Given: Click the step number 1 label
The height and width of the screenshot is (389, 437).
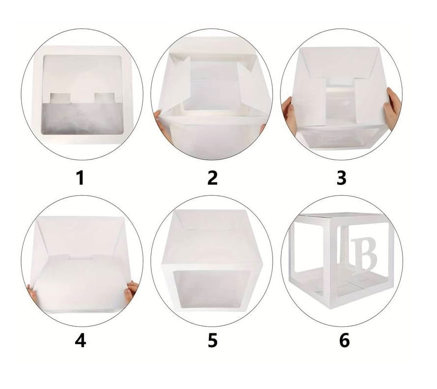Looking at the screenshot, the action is coord(80,178).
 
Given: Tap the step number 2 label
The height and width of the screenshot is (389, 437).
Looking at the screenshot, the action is coord(212,178).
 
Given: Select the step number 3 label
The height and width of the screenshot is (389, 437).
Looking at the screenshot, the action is coord(341,178).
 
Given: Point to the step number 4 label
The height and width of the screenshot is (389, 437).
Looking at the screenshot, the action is coord(80,340).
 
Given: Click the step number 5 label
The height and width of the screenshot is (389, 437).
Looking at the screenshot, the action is coord(212,340).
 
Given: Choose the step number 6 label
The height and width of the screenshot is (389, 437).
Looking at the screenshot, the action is coord(344,340).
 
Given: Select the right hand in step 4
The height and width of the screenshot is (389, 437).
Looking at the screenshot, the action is coord(131,291).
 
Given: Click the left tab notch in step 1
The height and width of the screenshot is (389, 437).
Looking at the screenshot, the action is coord(61,98).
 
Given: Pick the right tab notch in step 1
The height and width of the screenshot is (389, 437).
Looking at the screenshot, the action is coord(104,98).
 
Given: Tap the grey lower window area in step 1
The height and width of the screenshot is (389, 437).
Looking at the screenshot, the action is coord(82,118).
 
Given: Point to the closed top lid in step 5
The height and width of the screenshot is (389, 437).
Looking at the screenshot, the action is coord(212,239).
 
